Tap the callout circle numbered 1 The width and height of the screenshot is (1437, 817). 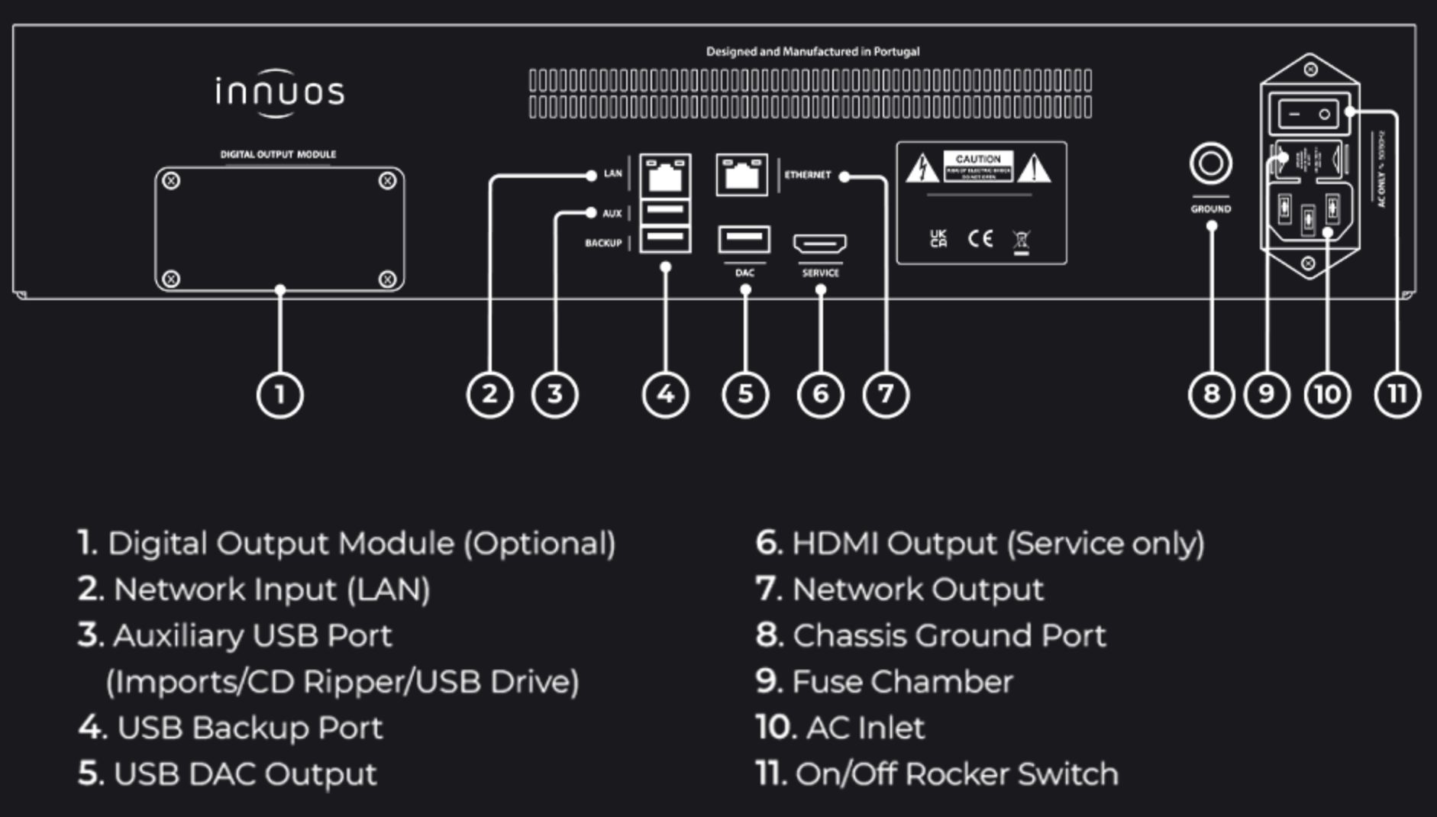click(279, 394)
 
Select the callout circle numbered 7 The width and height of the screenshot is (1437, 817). click(886, 394)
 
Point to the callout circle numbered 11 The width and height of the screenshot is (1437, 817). click(1397, 394)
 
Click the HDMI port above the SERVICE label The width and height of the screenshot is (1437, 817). click(820, 244)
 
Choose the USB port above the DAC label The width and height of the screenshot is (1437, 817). click(744, 240)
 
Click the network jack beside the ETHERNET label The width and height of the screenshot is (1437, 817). click(741, 175)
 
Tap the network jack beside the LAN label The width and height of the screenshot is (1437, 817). click(665, 176)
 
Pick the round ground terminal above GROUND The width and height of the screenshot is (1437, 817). click(1210, 163)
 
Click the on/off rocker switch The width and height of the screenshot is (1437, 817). click(1309, 115)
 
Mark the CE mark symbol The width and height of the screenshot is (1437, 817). click(980, 239)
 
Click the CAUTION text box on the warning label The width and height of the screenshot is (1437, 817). click(978, 166)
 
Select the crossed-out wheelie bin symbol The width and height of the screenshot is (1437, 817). click(1021, 241)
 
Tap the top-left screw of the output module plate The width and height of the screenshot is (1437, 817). click(172, 181)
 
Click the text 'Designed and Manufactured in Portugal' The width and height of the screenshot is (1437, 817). click(812, 52)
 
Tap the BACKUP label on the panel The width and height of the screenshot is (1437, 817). click(603, 243)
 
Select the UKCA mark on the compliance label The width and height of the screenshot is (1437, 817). click(938, 239)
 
